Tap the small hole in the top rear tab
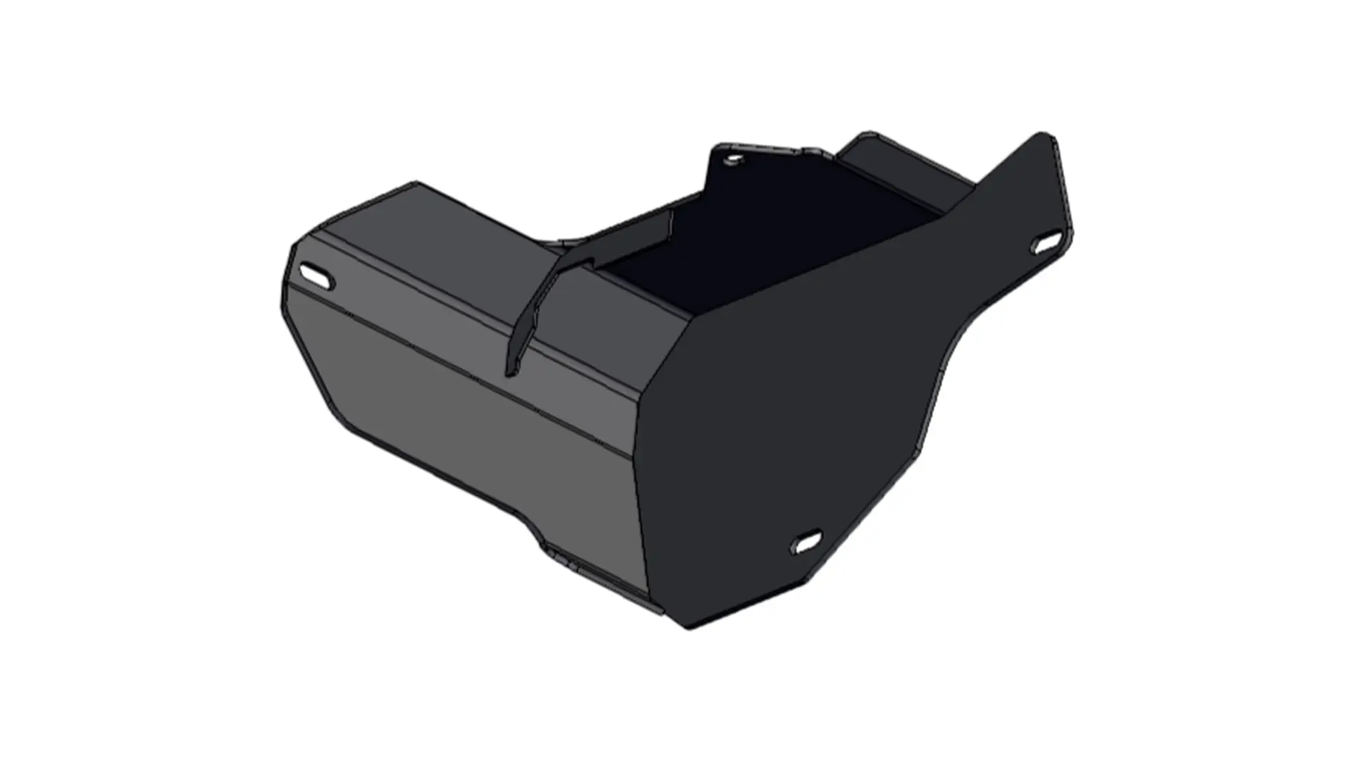pyautogui.click(x=734, y=160)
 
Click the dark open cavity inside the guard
pyautogui.click(x=761, y=240)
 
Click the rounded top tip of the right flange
pyautogui.click(x=1043, y=137)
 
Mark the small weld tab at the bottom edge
pyautogui.click(x=564, y=560)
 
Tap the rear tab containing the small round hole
pyautogui.click(x=747, y=169)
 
